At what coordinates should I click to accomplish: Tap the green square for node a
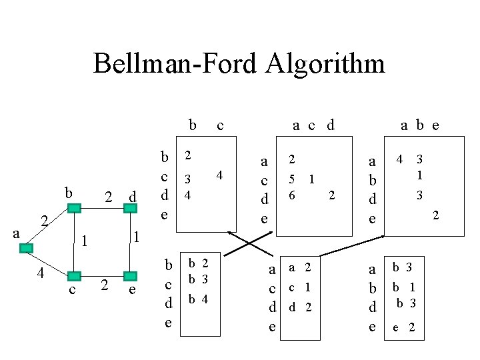coord(26,248)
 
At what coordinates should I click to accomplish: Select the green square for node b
coord(74,208)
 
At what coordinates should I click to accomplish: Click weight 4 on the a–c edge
coord(41,272)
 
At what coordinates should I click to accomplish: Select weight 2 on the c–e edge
coord(103,285)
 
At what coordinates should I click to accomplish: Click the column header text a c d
coord(313,125)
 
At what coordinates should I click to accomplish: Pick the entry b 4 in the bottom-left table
coord(197,299)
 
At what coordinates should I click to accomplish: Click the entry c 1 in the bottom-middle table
coord(299,287)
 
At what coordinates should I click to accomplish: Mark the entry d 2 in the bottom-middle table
coord(299,307)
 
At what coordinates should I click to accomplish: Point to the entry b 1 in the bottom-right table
coord(404,288)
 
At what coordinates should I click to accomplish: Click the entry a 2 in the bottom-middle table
coord(299,267)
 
